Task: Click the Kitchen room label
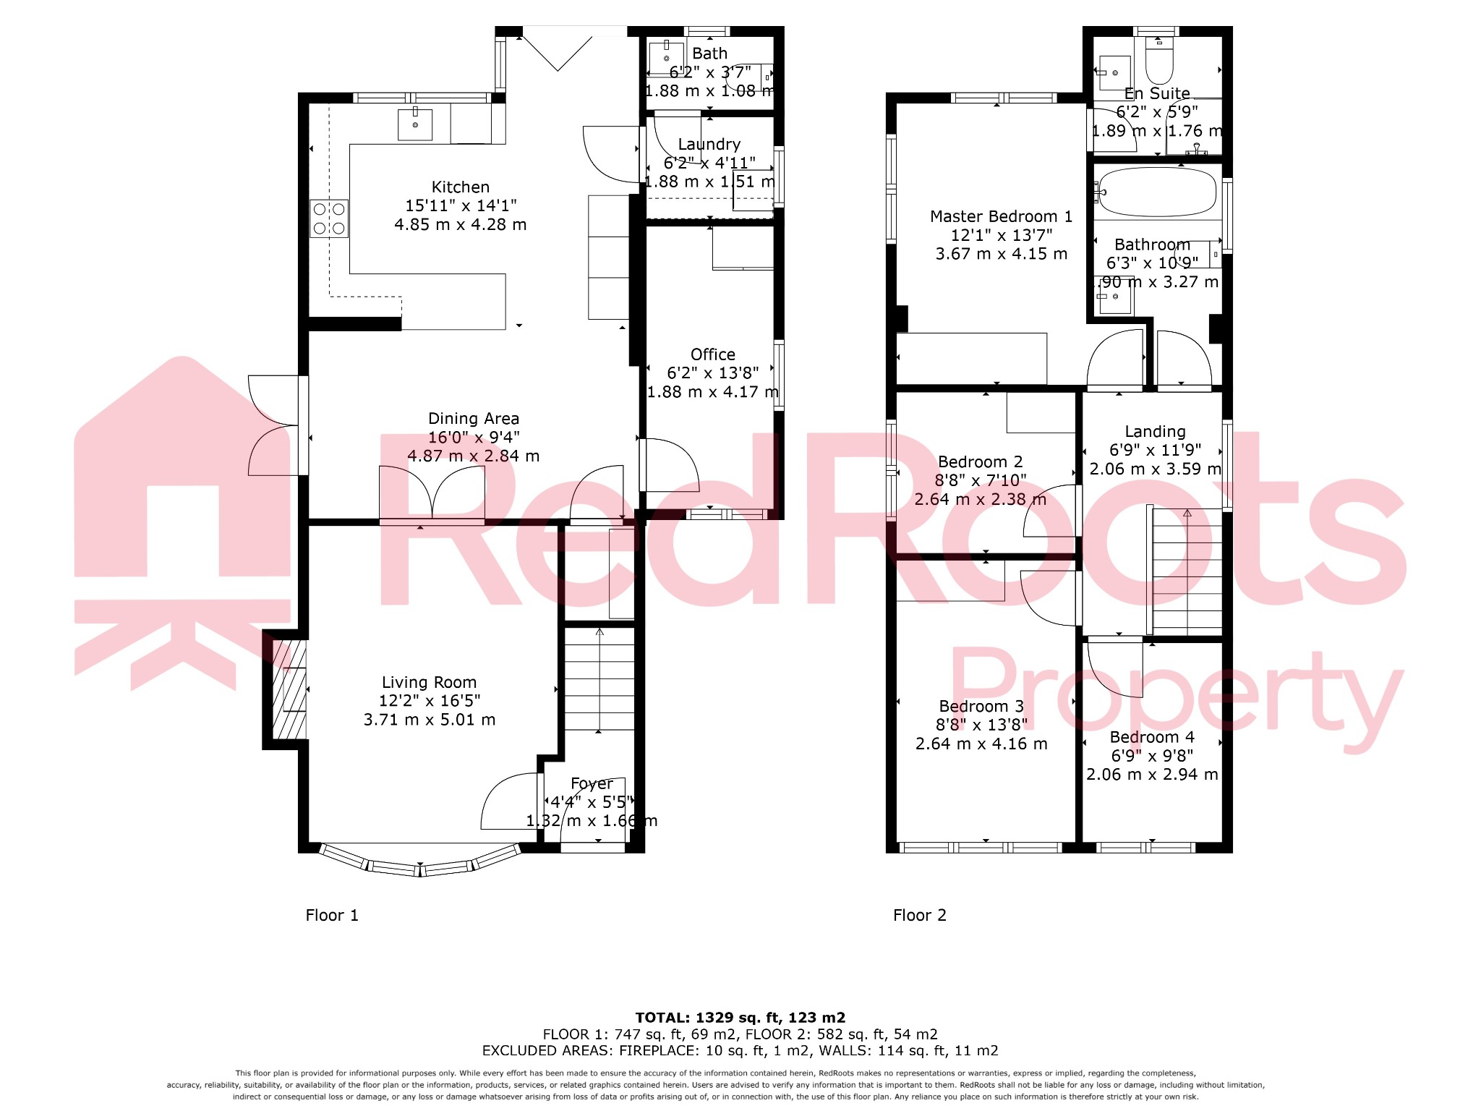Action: [x=460, y=187]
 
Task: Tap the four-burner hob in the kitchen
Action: [x=329, y=218]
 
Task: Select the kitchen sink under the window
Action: [x=415, y=125]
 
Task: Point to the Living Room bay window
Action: [x=420, y=863]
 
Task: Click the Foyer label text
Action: [x=592, y=783]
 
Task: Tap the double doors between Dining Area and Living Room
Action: [x=432, y=493]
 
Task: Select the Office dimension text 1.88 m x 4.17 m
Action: [x=712, y=392]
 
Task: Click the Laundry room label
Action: [x=709, y=144]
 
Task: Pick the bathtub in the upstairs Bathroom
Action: [x=1157, y=192]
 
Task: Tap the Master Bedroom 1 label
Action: [x=1001, y=216]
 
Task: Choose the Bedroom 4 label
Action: [x=1151, y=737]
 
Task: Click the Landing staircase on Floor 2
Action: [x=1187, y=571]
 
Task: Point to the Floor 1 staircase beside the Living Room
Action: [x=599, y=680]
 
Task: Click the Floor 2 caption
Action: [x=919, y=915]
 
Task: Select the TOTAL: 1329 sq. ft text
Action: [x=740, y=1018]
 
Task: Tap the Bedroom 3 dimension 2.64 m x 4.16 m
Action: [x=981, y=744]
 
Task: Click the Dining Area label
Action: [x=473, y=418]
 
